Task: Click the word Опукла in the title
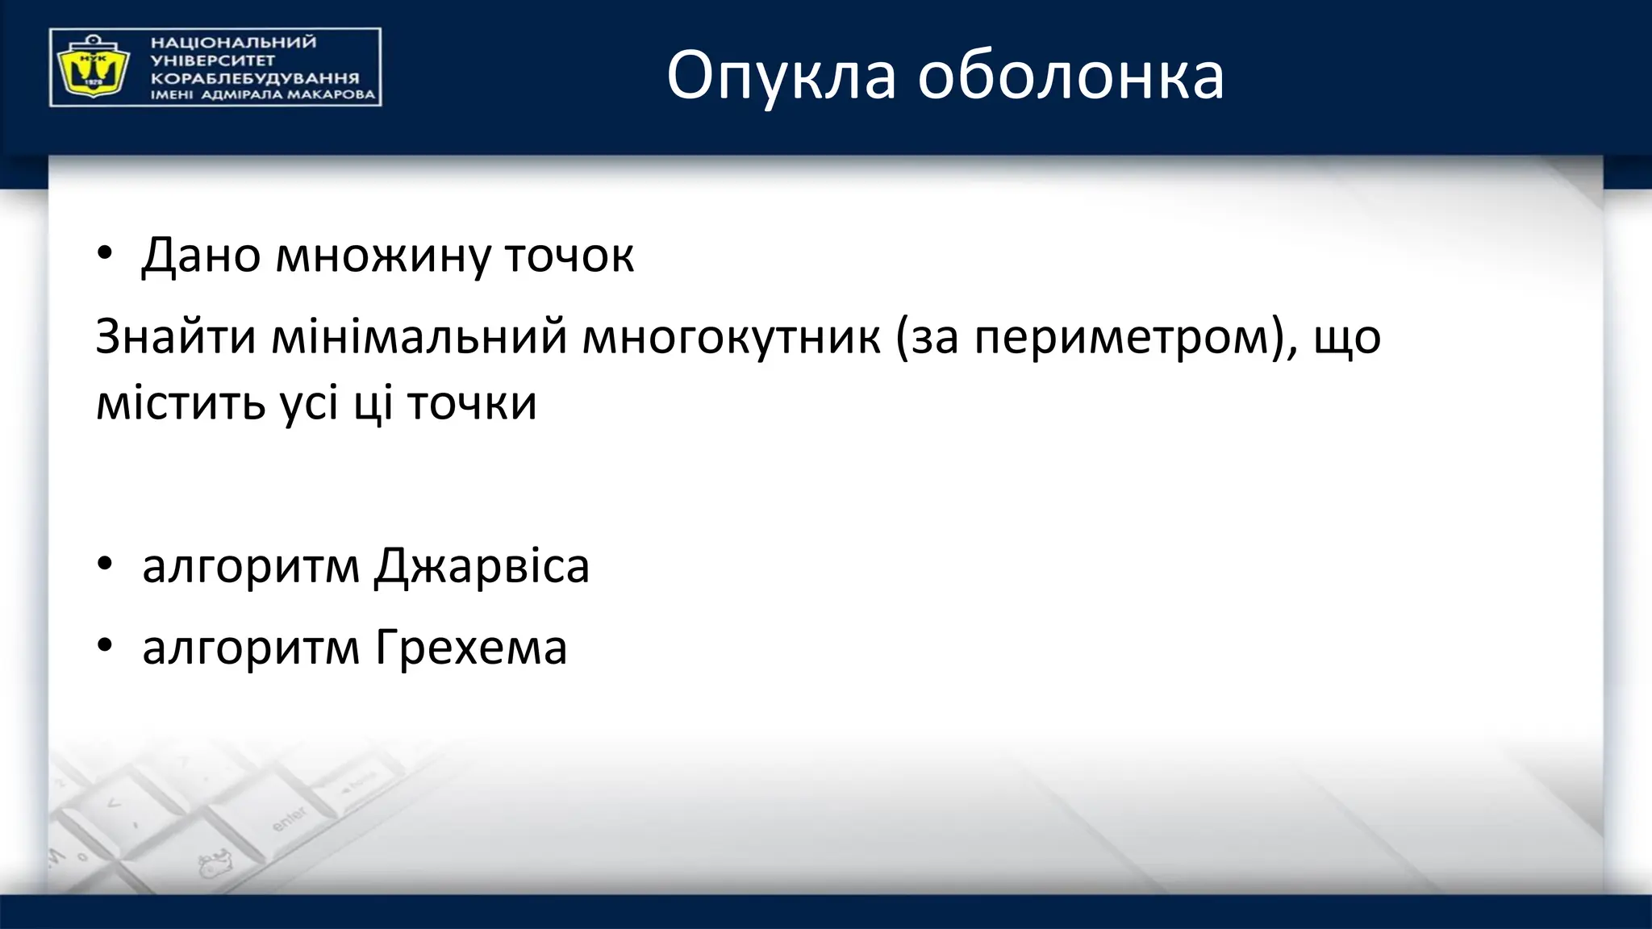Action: tap(781, 77)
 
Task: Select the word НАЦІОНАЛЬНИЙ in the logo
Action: tap(233, 43)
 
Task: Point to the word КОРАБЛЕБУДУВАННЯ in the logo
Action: tap(255, 78)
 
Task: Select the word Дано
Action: tap(202, 255)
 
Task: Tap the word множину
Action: tap(383, 256)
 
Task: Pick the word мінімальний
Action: tap(419, 336)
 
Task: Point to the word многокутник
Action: tap(731, 336)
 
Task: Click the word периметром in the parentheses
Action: tap(1120, 336)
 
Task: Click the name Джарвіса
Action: tap(482, 566)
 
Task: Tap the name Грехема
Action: tap(471, 648)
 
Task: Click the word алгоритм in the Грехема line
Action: tap(251, 648)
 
